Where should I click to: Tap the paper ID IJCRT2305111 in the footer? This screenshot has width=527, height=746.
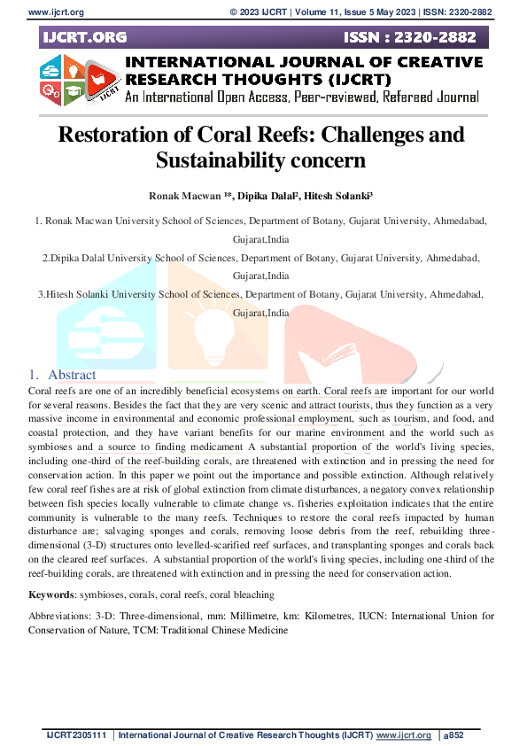coord(77,735)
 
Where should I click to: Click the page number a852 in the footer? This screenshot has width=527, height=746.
coord(453,735)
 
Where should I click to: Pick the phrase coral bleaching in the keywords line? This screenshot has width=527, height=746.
coord(242,594)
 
